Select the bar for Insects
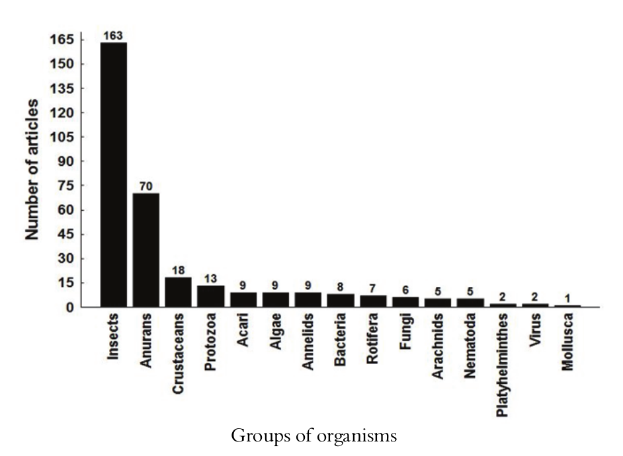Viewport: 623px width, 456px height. pyautogui.click(x=114, y=174)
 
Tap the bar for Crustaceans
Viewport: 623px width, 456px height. pyautogui.click(x=179, y=292)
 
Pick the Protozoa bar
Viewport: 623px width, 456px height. pyautogui.click(x=211, y=296)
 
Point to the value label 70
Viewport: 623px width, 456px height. pyautogui.click(x=146, y=186)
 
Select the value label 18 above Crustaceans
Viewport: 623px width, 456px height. pyautogui.click(x=179, y=270)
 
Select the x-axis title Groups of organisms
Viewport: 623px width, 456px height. pyautogui.click(x=314, y=436)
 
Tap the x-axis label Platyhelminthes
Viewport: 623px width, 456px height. pyautogui.click(x=503, y=361)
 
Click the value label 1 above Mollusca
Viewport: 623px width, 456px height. pyautogui.click(x=567, y=298)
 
